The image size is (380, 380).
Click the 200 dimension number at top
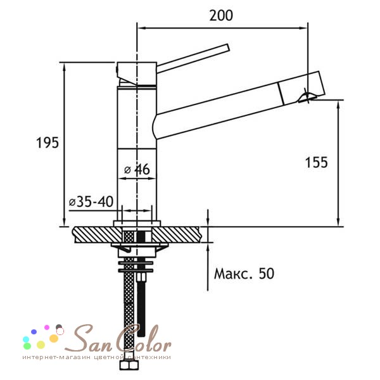(221, 15)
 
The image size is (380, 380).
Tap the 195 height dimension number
(47, 142)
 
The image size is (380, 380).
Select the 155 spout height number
(316, 162)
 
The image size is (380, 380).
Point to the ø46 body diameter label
(137, 169)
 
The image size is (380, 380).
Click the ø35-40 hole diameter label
(91, 201)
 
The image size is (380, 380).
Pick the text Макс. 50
(244, 274)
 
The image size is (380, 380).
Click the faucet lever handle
(193, 58)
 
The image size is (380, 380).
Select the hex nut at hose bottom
(129, 365)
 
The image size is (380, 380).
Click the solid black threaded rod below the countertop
(141, 308)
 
